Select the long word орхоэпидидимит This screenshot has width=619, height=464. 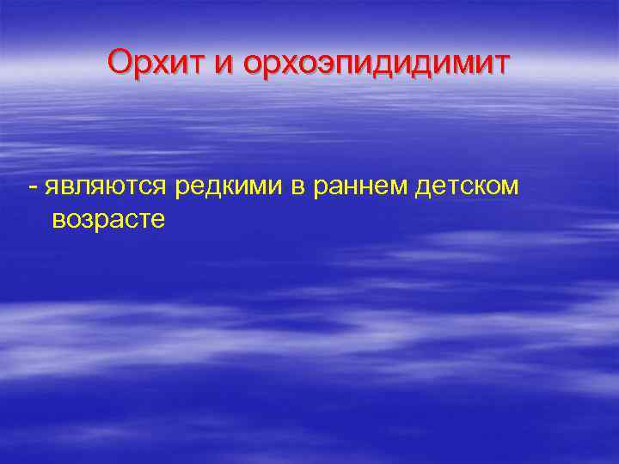click(x=377, y=64)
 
